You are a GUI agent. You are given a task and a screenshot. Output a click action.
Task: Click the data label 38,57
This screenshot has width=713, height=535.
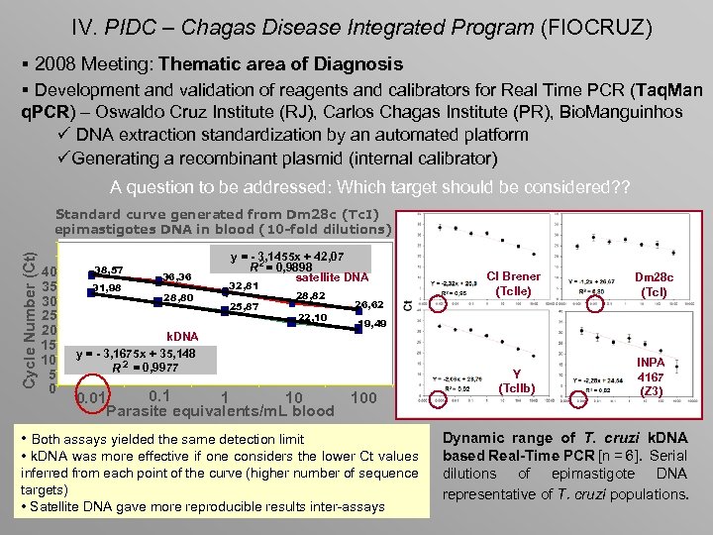point(108,269)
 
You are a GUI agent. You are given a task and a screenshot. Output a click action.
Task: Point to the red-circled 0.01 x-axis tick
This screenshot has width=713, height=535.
point(93,398)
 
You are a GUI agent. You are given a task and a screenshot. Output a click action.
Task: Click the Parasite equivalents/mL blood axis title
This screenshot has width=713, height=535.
point(220,411)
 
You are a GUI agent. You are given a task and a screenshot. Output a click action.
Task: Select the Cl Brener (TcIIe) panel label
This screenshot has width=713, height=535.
point(514,283)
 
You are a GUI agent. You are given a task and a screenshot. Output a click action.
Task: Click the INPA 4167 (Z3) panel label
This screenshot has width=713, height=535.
point(651,376)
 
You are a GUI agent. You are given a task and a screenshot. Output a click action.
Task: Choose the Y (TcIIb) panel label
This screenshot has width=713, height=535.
point(515,380)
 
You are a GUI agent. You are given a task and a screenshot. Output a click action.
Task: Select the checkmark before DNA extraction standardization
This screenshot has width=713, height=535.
point(63,135)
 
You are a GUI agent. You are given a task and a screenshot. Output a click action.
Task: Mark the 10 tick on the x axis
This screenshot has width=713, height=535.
point(293,398)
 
